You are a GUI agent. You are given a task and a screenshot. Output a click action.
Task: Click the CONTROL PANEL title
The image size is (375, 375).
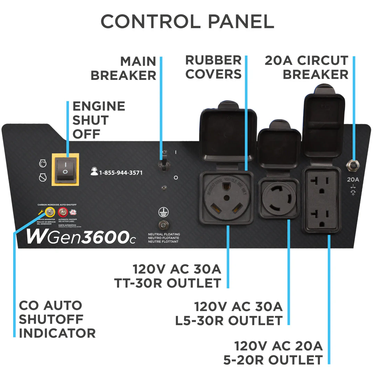tap(187, 22)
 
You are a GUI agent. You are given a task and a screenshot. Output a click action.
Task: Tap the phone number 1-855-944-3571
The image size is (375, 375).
tap(121, 173)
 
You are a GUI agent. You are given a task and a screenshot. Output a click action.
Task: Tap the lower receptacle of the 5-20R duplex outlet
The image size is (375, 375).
tap(322, 216)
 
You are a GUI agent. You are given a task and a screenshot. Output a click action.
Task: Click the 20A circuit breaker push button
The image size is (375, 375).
tap(353, 166)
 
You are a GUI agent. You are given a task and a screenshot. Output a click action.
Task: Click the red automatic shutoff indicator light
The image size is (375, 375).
tap(63, 212)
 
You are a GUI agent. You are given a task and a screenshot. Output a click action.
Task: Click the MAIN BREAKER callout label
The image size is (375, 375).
tap(123, 68)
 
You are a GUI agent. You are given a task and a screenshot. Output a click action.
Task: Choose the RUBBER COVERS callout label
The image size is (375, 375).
tap(214, 67)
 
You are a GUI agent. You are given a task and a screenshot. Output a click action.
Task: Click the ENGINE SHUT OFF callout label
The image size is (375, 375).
tap(99, 120)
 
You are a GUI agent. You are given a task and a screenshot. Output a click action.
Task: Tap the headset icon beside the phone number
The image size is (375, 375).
tap(94, 172)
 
